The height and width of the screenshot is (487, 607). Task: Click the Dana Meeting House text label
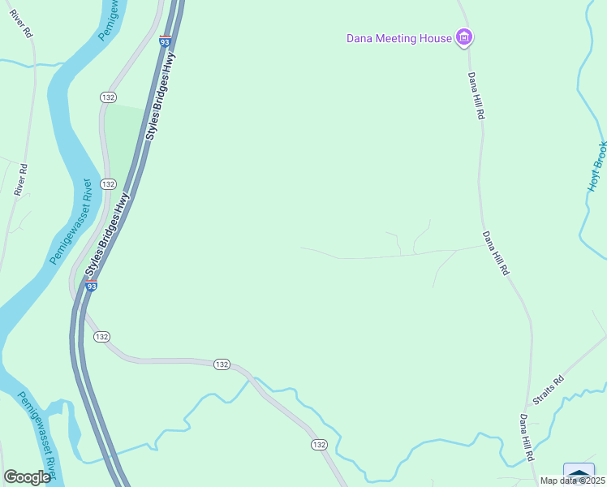pyautogui.click(x=398, y=37)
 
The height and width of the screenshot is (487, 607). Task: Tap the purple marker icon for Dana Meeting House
pyautogui.click(x=464, y=37)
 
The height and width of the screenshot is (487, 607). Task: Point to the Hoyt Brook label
pyautogui.click(x=596, y=166)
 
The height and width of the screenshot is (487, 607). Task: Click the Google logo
pyautogui.click(x=27, y=477)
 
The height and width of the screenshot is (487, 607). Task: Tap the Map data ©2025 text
pyautogui.click(x=573, y=481)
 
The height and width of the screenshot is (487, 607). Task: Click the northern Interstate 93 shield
pyautogui.click(x=165, y=40)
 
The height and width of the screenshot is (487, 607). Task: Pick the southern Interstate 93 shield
pyautogui.click(x=92, y=286)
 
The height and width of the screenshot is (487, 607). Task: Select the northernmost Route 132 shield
pyautogui.click(x=108, y=97)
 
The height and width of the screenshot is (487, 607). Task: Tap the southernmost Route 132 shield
pyautogui.click(x=319, y=445)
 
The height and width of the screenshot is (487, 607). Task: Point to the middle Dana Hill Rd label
pyautogui.click(x=495, y=253)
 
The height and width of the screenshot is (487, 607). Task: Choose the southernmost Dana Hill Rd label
pyautogui.click(x=527, y=438)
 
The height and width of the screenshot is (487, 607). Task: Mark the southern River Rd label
pyautogui.click(x=22, y=180)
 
